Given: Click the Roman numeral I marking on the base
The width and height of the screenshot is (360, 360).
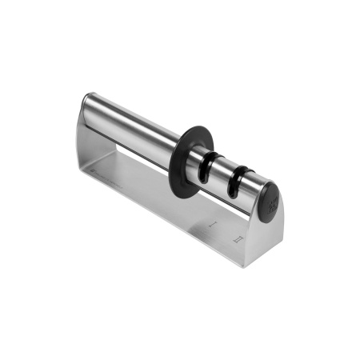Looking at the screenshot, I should [214, 227].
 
